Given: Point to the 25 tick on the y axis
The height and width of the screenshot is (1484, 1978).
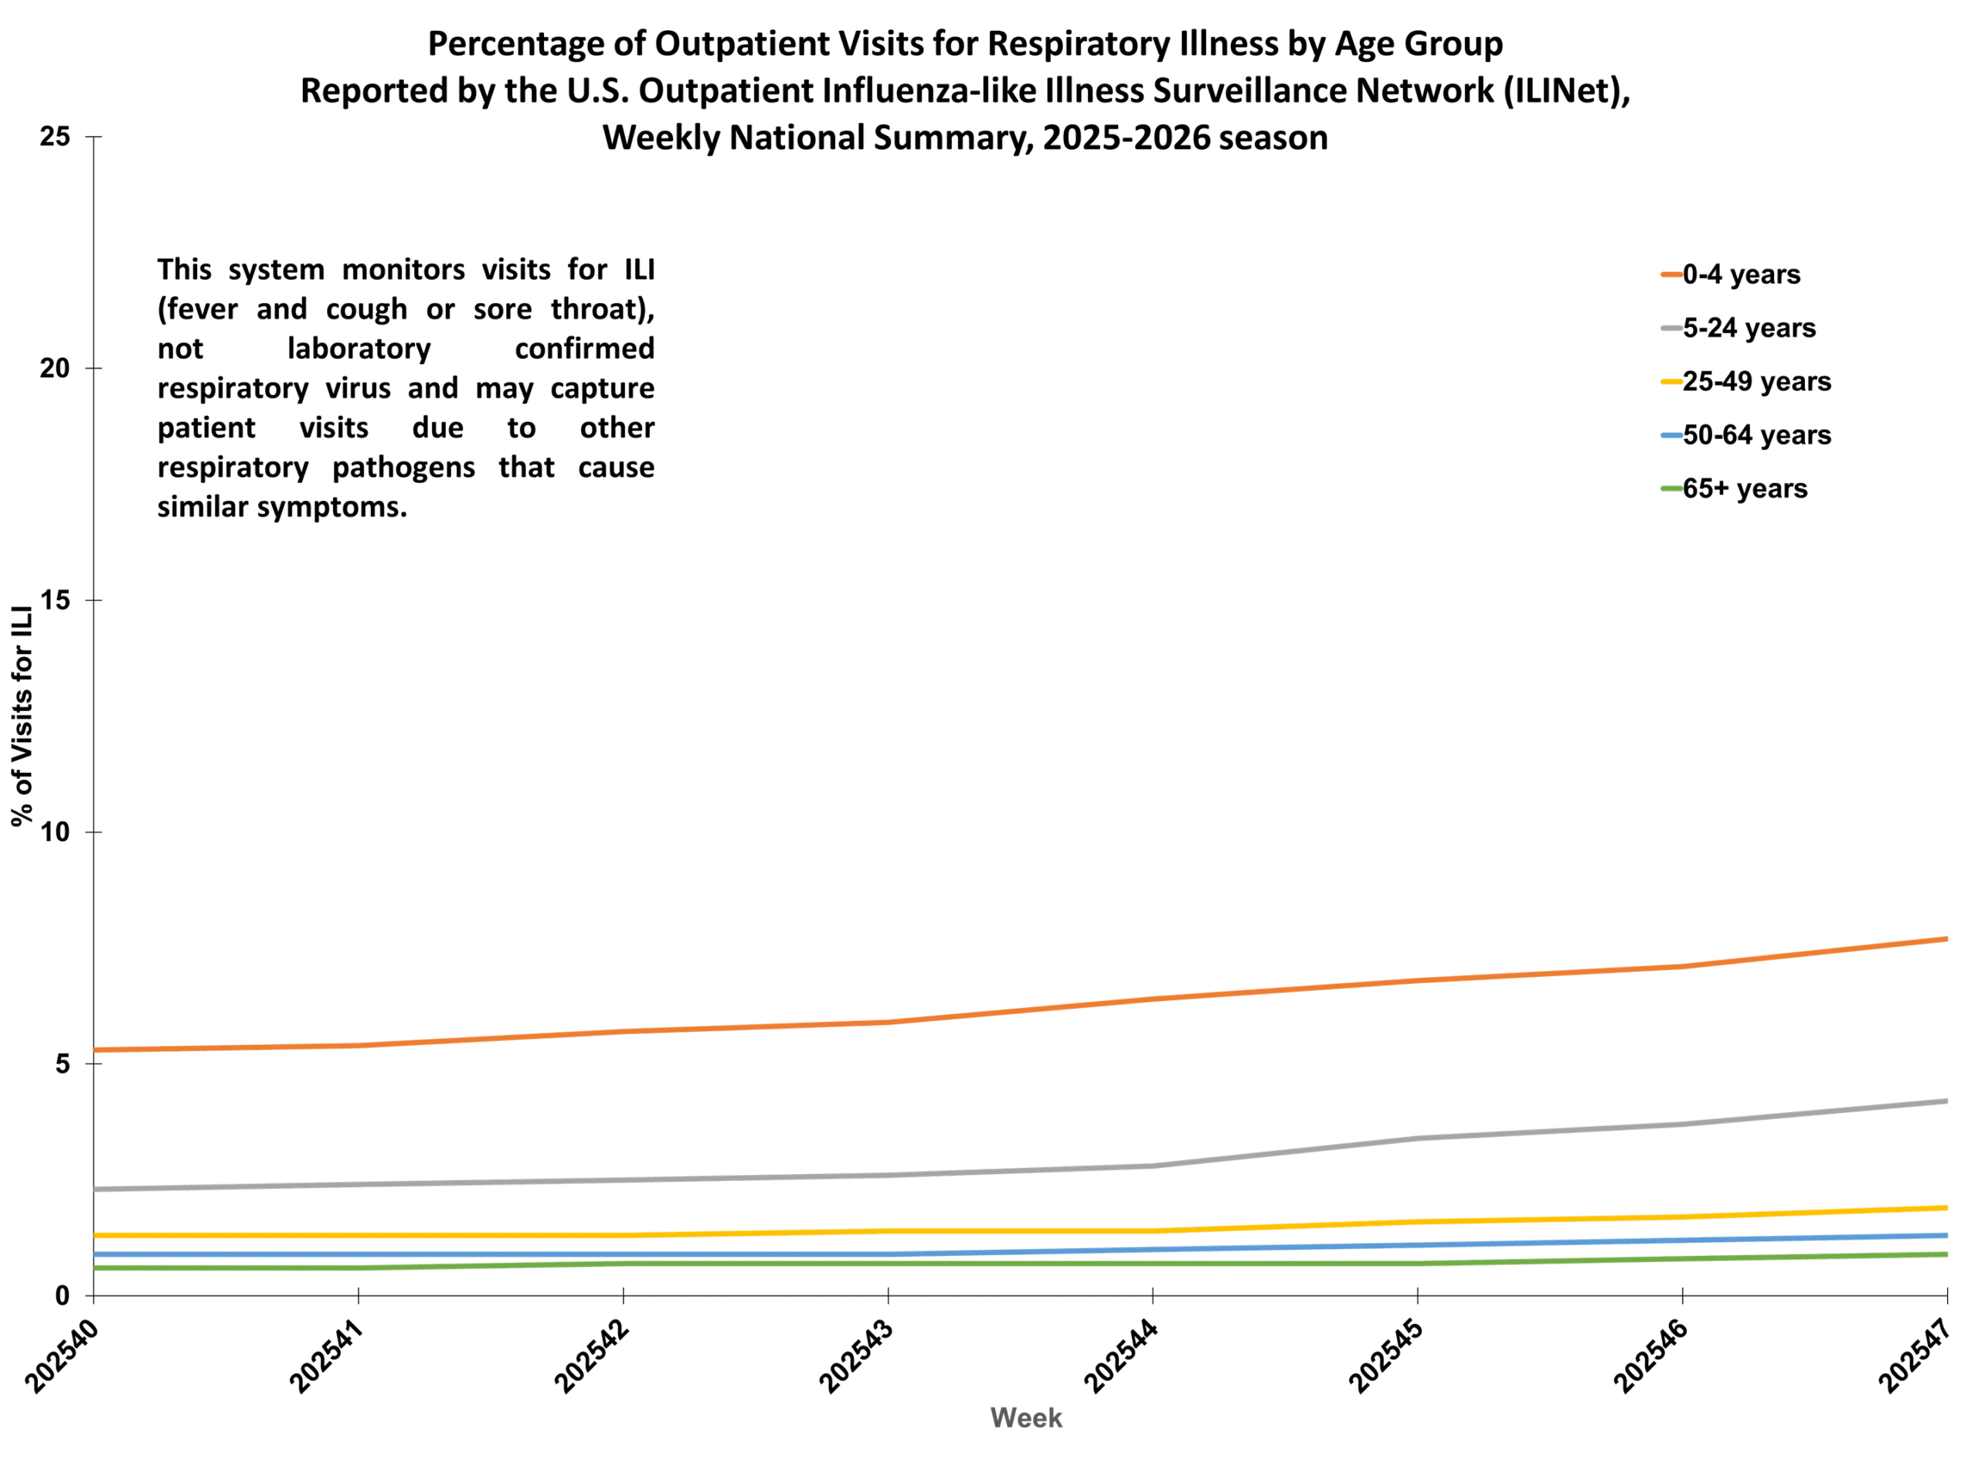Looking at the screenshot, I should pyautogui.click(x=55, y=137).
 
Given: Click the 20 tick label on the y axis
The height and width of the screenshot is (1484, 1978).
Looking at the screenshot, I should pyautogui.click(x=55, y=369).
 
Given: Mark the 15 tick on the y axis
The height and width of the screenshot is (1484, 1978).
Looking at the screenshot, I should pyautogui.click(x=55, y=601).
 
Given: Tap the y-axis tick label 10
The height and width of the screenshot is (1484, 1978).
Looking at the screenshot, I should pyautogui.click(x=55, y=832).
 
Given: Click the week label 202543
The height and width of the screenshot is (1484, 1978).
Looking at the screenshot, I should pyautogui.click(x=856, y=1357).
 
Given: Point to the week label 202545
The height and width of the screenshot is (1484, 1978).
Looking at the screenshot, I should pyautogui.click(x=1385, y=1357).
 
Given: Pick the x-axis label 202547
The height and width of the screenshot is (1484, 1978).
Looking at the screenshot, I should pyautogui.click(x=1915, y=1357).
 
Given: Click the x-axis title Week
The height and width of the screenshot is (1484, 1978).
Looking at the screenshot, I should pyautogui.click(x=1025, y=1418).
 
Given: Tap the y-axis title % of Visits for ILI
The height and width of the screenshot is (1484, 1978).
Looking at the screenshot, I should pyautogui.click(x=22, y=716).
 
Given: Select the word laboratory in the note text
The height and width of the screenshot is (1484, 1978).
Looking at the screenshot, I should pyautogui.click(x=359, y=348).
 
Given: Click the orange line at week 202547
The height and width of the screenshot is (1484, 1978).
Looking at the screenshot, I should pyautogui.click(x=1946, y=939).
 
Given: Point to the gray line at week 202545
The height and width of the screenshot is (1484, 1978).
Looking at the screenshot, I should pyautogui.click(x=1417, y=1139).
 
